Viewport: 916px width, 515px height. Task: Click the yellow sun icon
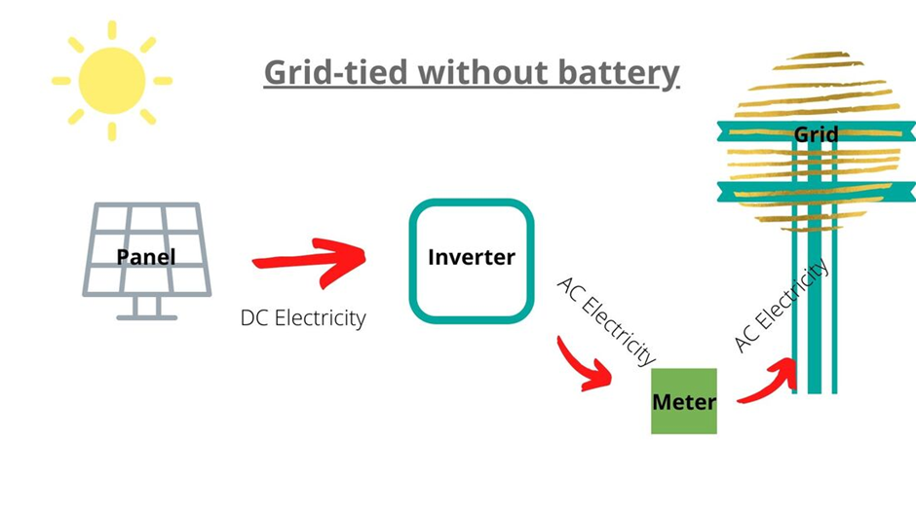point(111,81)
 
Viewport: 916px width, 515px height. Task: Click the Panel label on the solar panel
point(146,257)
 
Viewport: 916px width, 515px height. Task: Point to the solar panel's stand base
point(147,316)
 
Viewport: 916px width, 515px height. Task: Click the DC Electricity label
point(303,318)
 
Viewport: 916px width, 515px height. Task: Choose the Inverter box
point(472,260)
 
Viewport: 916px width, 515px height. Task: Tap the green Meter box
point(684,401)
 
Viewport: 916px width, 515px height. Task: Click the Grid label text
point(816,133)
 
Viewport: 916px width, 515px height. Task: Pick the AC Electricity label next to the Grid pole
point(781,305)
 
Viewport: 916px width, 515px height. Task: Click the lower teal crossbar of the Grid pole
point(815,192)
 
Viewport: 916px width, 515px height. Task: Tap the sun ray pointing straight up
point(112,29)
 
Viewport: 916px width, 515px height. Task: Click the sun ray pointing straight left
point(60,81)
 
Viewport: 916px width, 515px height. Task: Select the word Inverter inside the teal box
point(472,258)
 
